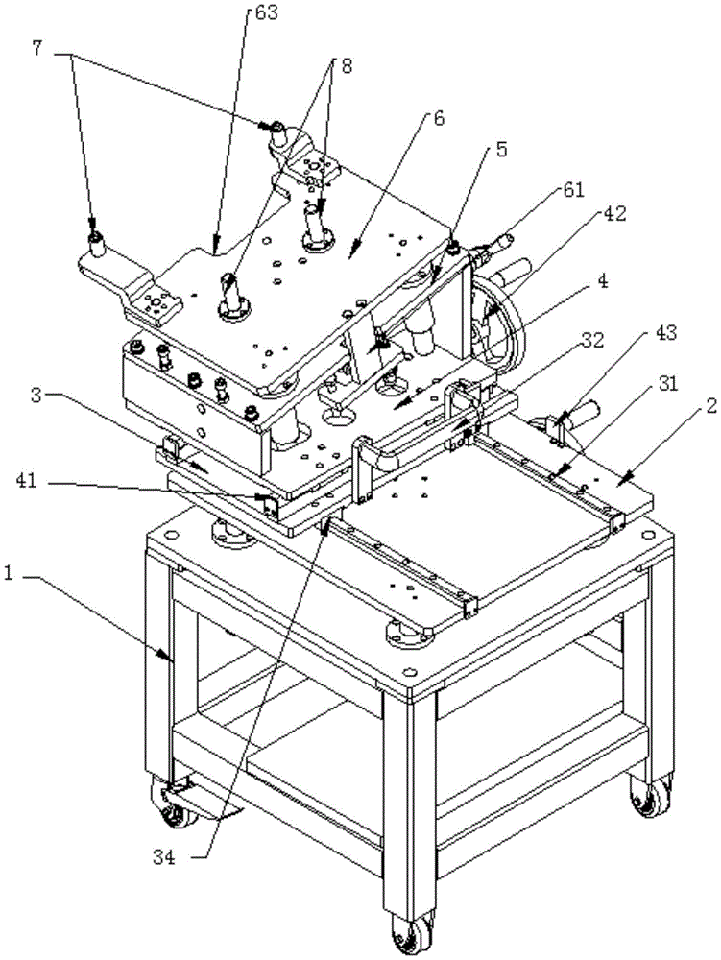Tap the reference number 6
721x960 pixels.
[x=439, y=120]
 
